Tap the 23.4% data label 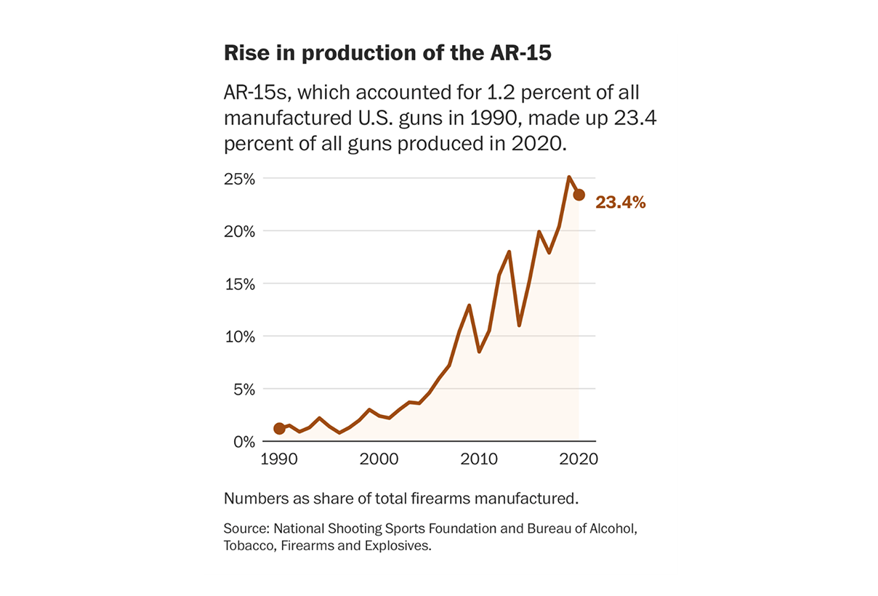621,203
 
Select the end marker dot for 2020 579,195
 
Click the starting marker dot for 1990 279,428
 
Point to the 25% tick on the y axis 239,179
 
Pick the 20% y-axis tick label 239,231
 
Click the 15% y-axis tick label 239,284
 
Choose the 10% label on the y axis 239,337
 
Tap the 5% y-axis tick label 243,390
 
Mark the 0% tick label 243,442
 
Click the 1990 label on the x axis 278,460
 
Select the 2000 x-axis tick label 379,460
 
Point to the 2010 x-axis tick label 478,460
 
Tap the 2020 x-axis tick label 579,460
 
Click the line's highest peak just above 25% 569,177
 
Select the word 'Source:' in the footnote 245,528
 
